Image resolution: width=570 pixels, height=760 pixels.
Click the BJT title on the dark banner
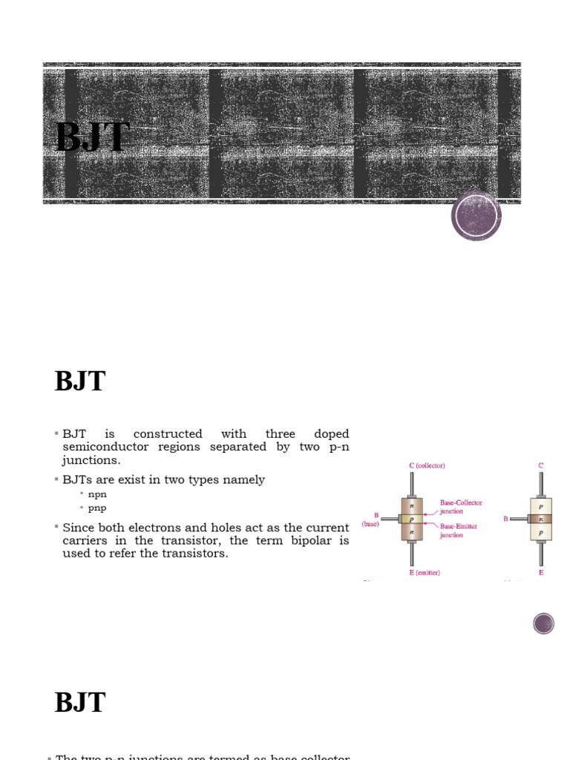coord(93,138)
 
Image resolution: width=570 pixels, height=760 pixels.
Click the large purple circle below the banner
coord(476,216)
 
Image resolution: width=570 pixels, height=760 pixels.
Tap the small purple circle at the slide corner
coord(543,623)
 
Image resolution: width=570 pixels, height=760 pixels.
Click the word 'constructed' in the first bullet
coord(168,434)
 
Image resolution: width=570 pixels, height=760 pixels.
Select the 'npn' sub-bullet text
coord(97,494)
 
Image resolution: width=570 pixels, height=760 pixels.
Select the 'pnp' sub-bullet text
coord(97,508)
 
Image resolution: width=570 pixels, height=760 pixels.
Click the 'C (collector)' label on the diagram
coord(427,465)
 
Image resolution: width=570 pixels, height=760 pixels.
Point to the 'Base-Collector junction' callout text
coord(460,507)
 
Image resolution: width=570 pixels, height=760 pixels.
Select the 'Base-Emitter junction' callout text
coord(459,531)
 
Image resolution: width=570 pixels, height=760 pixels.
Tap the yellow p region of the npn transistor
coord(412,519)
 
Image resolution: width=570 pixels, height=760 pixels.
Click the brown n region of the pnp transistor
coord(541,519)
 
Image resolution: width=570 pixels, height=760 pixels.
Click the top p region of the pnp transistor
coord(541,506)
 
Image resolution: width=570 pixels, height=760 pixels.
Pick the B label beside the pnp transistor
coord(506,519)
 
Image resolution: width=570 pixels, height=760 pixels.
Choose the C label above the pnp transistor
coord(541,465)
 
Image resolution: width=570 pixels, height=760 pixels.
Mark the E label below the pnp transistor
coord(541,572)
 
